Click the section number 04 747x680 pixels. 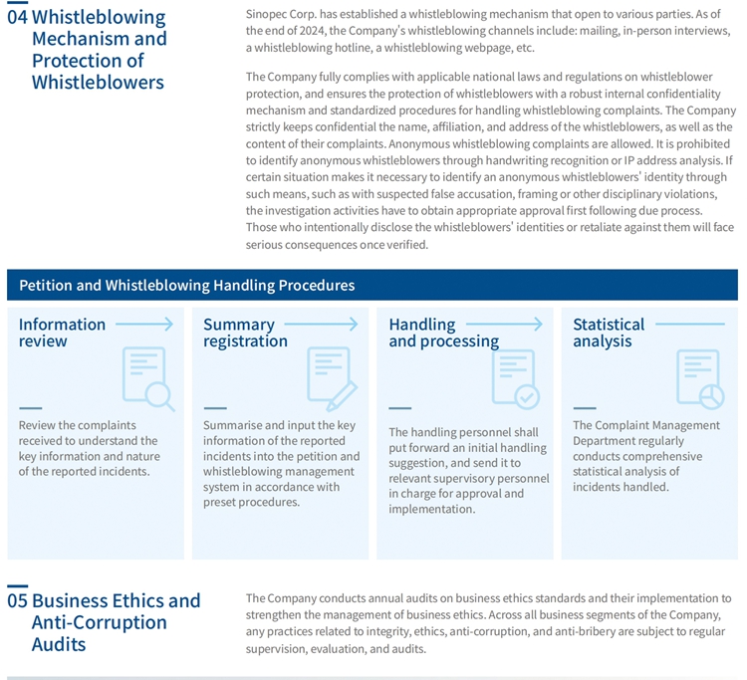click(17, 18)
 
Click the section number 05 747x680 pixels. click(17, 601)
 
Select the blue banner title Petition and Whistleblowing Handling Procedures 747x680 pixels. click(187, 286)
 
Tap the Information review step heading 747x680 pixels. click(62, 333)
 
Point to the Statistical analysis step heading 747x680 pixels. click(609, 333)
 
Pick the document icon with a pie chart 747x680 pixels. click(699, 379)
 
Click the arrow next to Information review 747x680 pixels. click(144, 325)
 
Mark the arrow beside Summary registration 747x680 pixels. click(321, 325)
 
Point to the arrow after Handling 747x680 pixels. click(504, 325)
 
